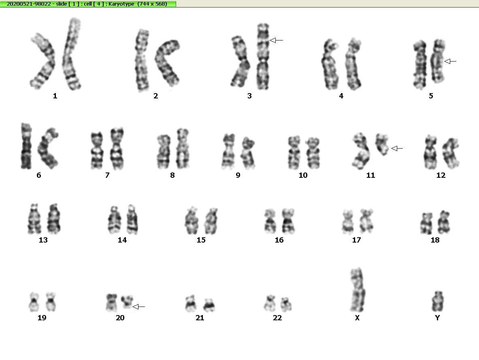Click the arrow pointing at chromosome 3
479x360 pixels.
pos(277,40)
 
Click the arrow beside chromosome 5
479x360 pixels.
pos(450,62)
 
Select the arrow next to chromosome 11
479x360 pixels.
pos(397,148)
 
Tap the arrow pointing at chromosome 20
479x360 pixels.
pos(139,307)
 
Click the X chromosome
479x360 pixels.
pos(357,290)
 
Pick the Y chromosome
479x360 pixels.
pos(438,301)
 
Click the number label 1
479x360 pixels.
pos(55,96)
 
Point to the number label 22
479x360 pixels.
pos(277,318)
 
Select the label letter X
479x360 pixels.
pos(357,318)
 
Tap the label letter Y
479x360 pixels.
pos(437,318)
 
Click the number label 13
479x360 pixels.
pos(43,240)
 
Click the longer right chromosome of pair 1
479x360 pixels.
pos(72,54)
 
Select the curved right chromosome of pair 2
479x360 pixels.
pos(167,63)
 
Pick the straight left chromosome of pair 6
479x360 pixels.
pos(26,146)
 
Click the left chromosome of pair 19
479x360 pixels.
pos(34,302)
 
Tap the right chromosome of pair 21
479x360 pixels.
pos(209,305)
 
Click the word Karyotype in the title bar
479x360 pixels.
pos(121,4)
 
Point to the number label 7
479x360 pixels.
pos(107,175)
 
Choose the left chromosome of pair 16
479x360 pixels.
pos(270,221)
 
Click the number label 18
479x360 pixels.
pos(435,240)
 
